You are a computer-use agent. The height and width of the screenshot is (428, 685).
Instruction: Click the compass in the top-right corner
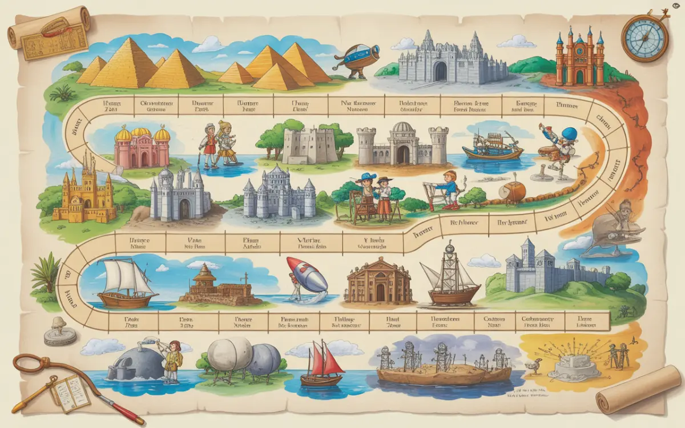click(x=644, y=38)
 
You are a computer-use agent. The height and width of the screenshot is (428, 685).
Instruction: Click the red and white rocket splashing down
click(x=307, y=276)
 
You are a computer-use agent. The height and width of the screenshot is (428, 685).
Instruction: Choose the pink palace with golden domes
click(x=143, y=147)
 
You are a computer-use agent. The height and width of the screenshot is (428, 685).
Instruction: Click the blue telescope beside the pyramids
click(x=355, y=59)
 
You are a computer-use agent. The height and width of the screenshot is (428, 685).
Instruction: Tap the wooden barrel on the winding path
click(x=511, y=191)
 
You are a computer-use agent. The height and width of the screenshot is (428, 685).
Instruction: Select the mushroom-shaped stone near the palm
click(x=59, y=330)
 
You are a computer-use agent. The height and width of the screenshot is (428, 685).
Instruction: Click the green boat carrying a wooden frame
click(x=492, y=146)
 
